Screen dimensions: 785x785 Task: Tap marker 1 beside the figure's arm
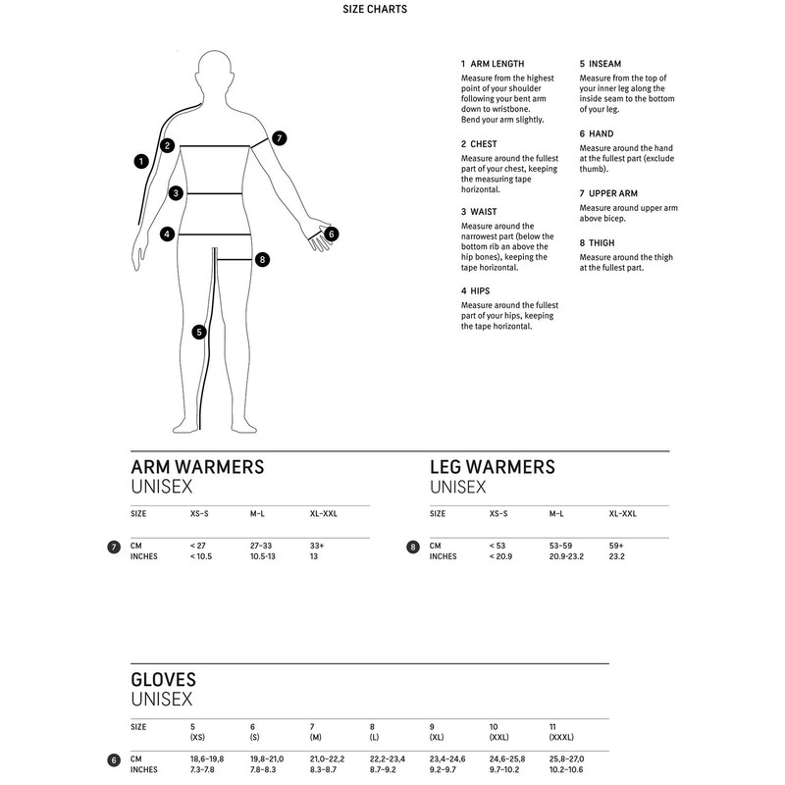141,160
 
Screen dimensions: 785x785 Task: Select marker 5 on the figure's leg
199,332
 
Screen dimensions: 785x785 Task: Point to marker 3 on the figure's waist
175,193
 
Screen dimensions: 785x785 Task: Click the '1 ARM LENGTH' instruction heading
493,64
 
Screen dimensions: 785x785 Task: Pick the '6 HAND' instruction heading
597,132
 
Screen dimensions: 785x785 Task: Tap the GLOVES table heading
164,679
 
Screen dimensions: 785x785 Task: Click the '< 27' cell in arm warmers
198,545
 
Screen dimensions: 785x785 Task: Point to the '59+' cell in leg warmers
616,545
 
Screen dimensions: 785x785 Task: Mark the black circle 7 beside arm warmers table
113,546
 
